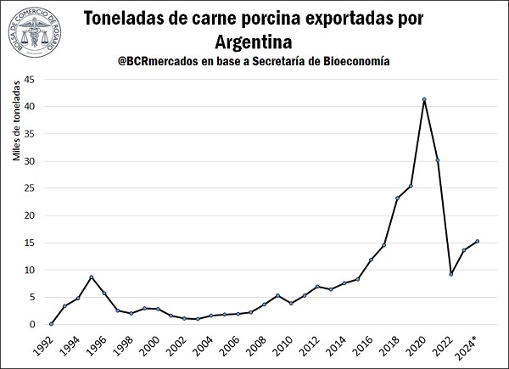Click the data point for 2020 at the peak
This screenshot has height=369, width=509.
coord(423,100)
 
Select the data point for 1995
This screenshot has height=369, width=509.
coord(91,277)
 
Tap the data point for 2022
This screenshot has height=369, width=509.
coord(450,274)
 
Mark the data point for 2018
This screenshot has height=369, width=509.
coord(397,198)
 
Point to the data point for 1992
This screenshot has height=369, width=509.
coord(51,324)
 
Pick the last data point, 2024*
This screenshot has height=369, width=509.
coord(477,241)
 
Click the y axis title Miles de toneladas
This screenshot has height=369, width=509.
coord(14,154)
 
